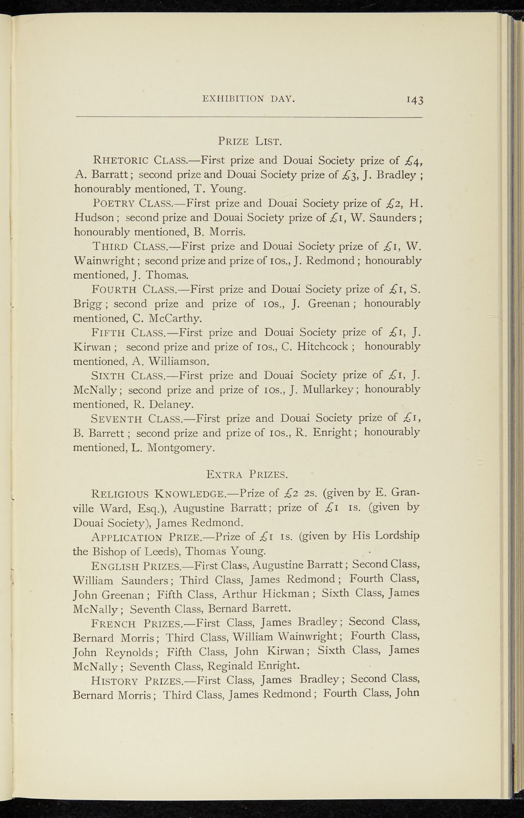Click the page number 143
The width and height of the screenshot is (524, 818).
(415, 100)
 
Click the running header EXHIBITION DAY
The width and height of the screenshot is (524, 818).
(248, 98)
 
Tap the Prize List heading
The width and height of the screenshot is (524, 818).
(250, 141)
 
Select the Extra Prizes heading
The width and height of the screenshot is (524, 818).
(247, 475)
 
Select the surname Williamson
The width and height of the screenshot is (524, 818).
(178, 361)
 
